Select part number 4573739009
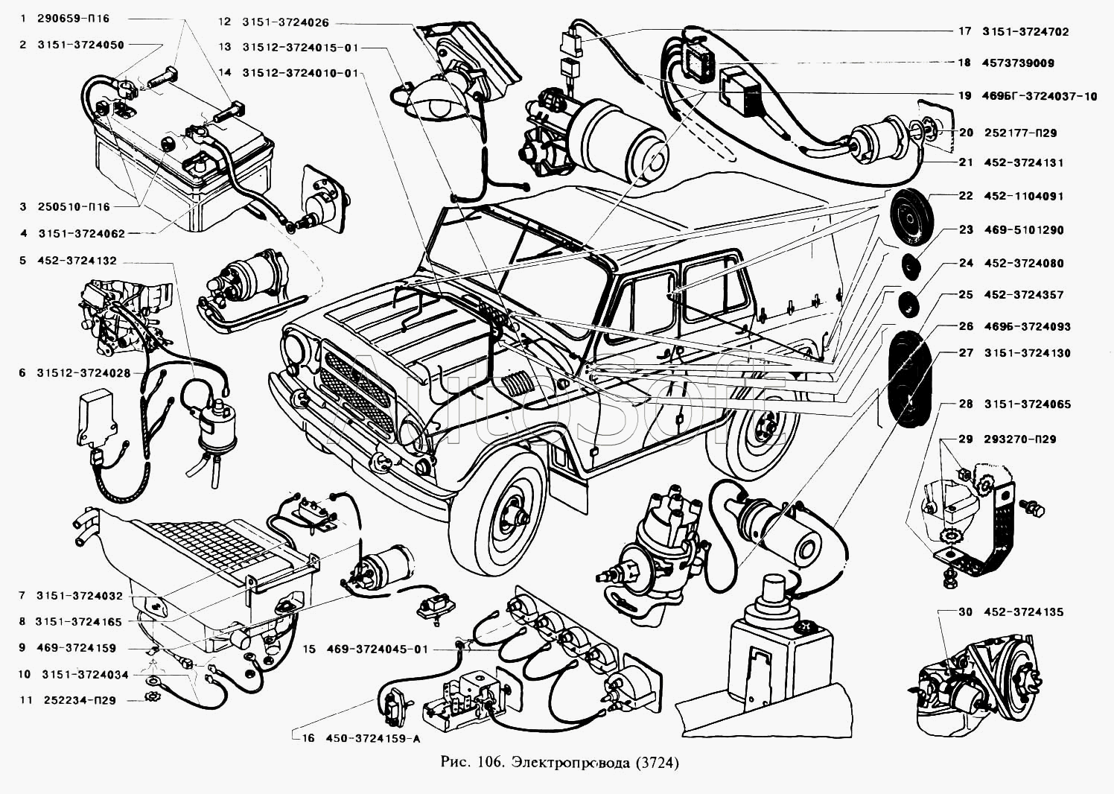click(1018, 63)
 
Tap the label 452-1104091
click(1023, 196)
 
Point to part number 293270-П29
click(1019, 439)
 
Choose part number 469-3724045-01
click(378, 650)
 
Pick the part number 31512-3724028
click(83, 373)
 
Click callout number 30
click(965, 612)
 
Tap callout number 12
click(225, 22)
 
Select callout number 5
click(22, 261)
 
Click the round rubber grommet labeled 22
click(911, 218)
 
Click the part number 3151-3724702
click(1025, 32)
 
